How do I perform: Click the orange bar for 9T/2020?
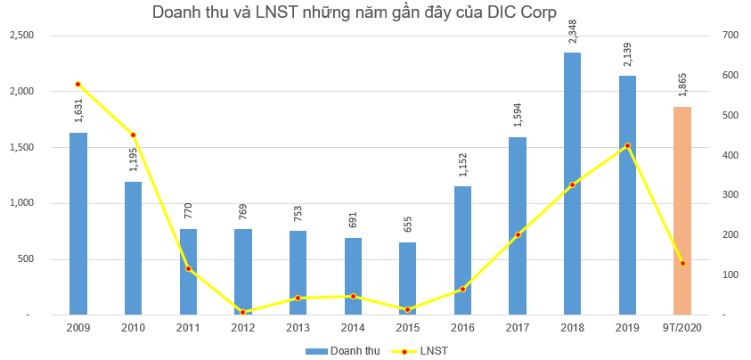pos(682,211)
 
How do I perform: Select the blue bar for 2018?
pos(572,184)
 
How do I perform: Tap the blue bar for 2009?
pos(78,224)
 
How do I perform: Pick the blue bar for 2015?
pos(407,278)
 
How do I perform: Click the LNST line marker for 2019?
pos(627,145)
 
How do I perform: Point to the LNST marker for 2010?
pos(134,135)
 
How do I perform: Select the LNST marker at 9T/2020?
pos(682,263)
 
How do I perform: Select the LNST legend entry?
pos(424,351)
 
